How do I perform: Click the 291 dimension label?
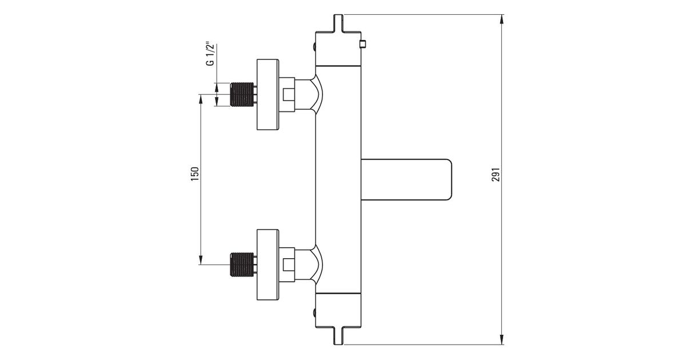(496, 174)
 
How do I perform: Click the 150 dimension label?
(195, 174)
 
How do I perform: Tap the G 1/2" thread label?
(210, 54)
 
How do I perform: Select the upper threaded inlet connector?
(242, 95)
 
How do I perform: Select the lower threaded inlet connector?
(242, 265)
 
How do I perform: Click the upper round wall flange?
(268, 95)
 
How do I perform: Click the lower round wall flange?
(268, 265)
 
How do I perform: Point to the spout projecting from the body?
(406, 179)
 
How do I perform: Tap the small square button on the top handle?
(363, 45)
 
